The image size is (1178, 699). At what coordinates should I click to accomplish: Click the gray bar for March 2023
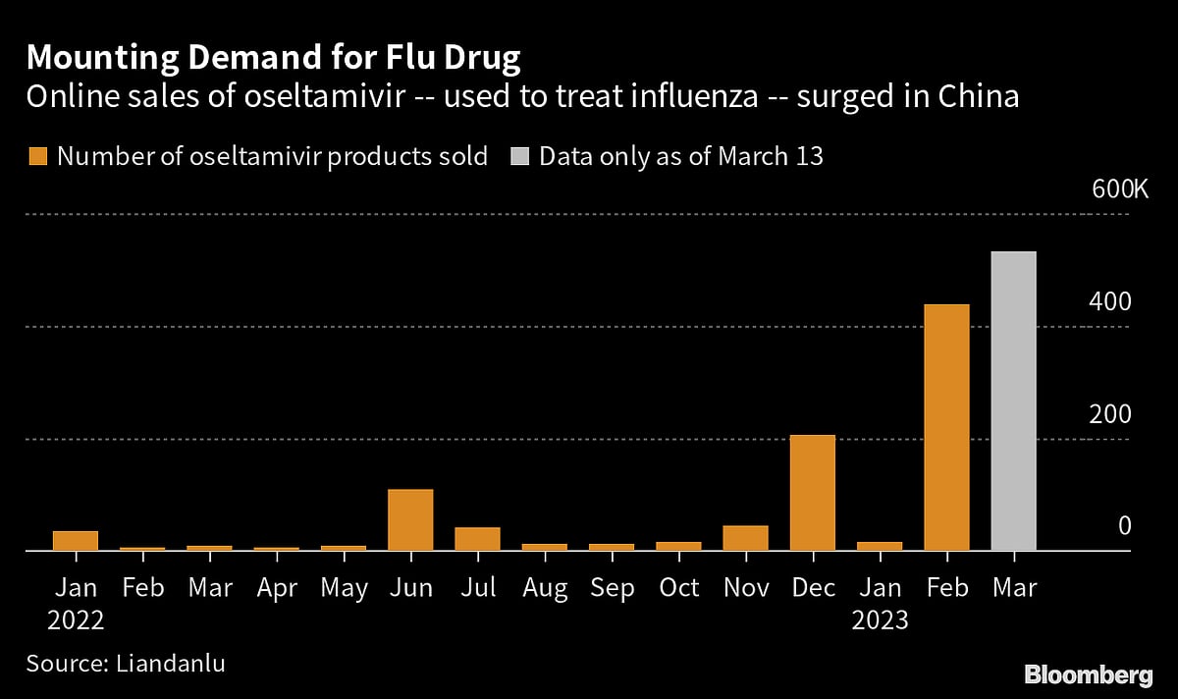[1014, 403]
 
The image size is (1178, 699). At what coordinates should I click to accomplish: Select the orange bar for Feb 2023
[946, 428]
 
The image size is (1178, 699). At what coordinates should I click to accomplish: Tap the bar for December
[813, 493]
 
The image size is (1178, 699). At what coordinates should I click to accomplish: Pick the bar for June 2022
[410, 520]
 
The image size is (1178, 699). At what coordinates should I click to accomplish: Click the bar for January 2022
[76, 541]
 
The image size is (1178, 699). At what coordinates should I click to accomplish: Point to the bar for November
[746, 538]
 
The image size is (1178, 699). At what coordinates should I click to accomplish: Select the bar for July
[477, 539]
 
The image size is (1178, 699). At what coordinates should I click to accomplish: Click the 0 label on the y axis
[1124, 527]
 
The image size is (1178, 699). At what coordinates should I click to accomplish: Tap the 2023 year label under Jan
[880, 620]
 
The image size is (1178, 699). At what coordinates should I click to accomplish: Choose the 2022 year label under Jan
[76, 620]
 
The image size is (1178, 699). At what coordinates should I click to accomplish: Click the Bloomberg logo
[1088, 674]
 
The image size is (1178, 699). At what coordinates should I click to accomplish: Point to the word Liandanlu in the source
[172, 663]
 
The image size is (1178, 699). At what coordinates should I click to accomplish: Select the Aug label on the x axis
[545, 588]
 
